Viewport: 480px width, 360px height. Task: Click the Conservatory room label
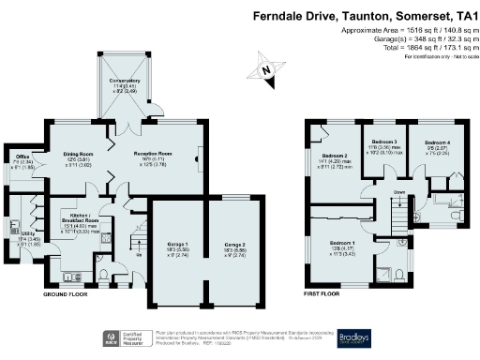pos(124,81)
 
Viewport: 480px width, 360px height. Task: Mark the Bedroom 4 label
pos(425,142)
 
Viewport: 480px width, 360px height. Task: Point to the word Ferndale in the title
pos(282,16)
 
